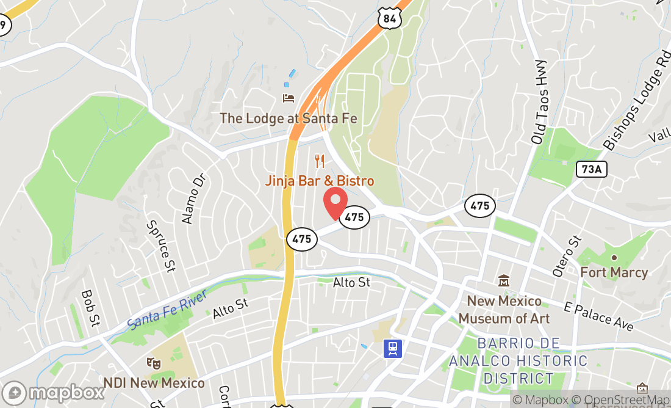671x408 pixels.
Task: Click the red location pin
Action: (334, 202)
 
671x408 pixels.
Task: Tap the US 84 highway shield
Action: (390, 19)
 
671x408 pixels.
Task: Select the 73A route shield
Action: (592, 169)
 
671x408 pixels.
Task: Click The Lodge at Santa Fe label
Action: (289, 118)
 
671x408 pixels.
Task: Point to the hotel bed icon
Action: (289, 98)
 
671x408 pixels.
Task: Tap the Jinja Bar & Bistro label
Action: (319, 181)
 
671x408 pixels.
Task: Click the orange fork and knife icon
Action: (320, 161)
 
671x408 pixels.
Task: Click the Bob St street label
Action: (90, 307)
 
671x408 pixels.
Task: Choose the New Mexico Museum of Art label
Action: (504, 310)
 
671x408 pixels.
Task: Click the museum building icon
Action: (504, 281)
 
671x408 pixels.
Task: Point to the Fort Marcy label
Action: (614, 272)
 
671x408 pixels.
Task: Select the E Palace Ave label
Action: (599, 316)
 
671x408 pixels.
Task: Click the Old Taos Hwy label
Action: (539, 102)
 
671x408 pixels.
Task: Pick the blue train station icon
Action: (392, 348)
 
